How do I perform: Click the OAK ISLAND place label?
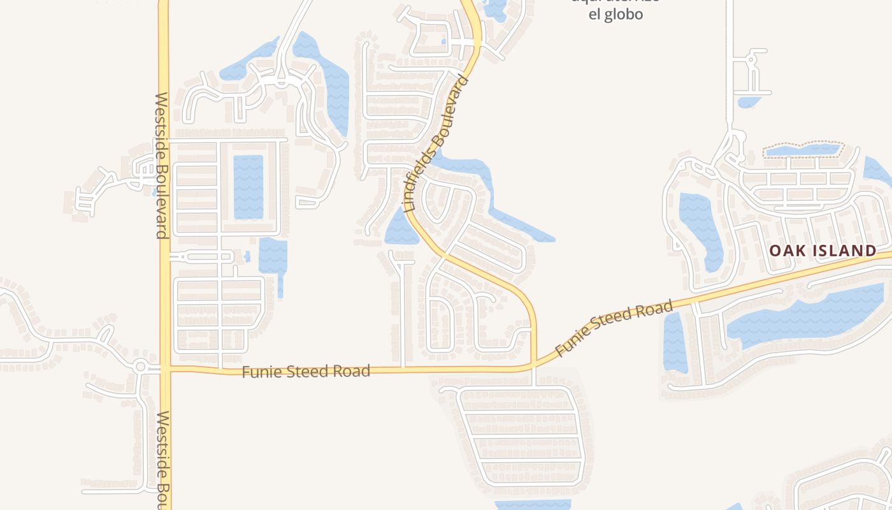(x=823, y=251)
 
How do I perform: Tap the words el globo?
(x=615, y=14)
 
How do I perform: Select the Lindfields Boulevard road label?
(x=437, y=144)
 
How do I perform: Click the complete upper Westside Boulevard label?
(x=161, y=166)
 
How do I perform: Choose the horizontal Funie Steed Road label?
(x=306, y=371)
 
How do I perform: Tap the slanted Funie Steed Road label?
(x=614, y=328)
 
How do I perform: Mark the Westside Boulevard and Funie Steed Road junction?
(x=166, y=368)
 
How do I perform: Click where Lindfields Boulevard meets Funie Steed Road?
(x=533, y=365)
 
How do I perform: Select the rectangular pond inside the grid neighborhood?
(x=248, y=186)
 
